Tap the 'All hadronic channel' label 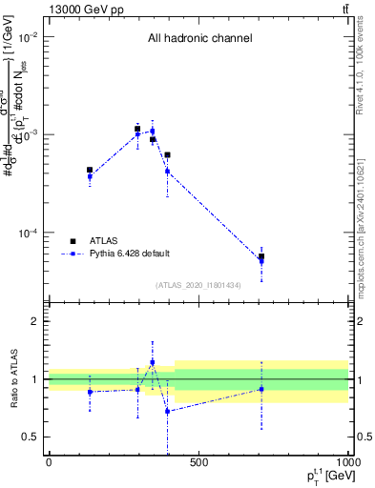coord(199,38)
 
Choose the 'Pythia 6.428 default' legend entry coord(129,253)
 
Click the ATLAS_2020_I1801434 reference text coord(199,285)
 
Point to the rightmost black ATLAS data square coord(261,256)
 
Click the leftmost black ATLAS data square coord(90,170)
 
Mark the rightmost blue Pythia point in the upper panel coord(261,261)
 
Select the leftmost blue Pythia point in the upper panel coord(90,177)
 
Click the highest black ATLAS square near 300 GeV coord(137,129)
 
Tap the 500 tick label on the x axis coord(198,462)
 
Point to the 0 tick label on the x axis coord(49,462)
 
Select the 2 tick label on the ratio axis coord(33,321)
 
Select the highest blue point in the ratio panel coord(152,362)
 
